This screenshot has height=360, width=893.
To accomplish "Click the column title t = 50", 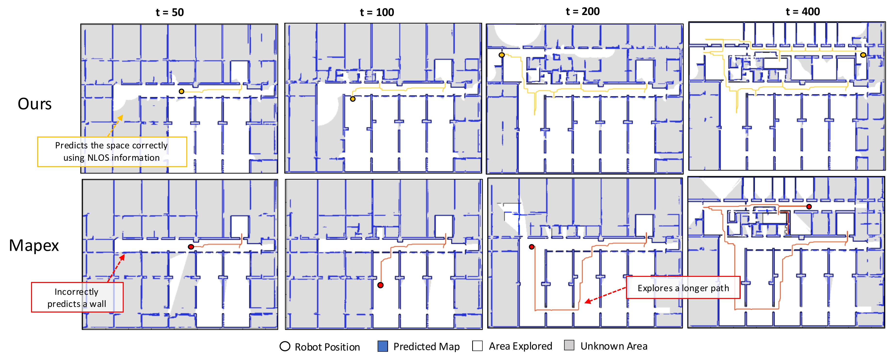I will coord(170,12).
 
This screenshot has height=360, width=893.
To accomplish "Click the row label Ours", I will coord(35,104).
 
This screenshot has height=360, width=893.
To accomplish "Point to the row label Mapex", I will coord(34,245).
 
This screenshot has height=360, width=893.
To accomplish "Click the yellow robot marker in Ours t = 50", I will coord(181,91).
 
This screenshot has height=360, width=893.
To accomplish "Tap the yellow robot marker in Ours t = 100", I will coord(353,99).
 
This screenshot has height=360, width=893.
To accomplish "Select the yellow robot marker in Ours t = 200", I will coord(502,55).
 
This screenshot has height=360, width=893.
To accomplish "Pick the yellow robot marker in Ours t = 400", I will coord(863,55).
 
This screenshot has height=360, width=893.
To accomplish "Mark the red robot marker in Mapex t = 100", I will coord(380,285).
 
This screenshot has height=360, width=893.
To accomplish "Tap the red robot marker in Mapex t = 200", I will coord(531,247).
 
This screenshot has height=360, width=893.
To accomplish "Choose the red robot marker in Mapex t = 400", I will coord(809,207).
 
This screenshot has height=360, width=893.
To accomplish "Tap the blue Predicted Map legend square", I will coord(383,346).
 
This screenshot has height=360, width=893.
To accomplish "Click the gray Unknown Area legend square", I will coord(569,345).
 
